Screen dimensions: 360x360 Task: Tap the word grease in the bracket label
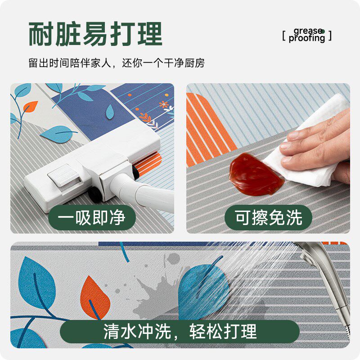tap(308, 31)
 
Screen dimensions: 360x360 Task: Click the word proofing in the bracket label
tap(307, 39)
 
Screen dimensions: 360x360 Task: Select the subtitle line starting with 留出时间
tap(117, 63)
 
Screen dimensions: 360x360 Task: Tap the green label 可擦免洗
tap(268, 218)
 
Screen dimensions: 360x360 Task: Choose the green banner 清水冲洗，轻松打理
tap(180, 332)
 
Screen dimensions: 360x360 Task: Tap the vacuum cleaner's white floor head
tap(90, 171)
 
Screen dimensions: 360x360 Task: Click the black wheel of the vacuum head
tap(95, 194)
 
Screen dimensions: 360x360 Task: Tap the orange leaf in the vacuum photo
tap(31, 107)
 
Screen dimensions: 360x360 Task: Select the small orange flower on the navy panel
tap(164, 104)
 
